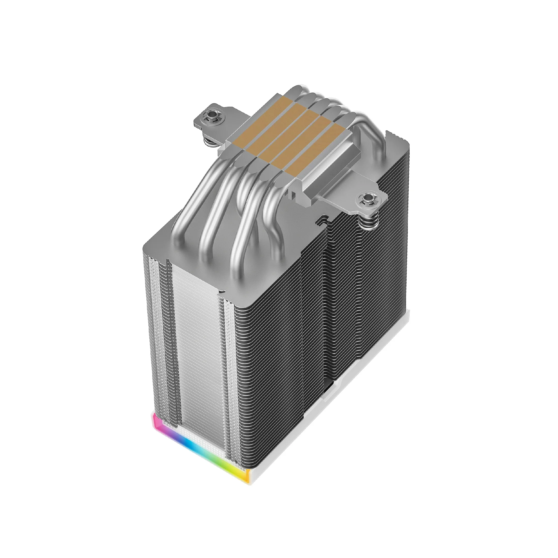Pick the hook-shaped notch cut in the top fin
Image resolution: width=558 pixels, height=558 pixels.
320,221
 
